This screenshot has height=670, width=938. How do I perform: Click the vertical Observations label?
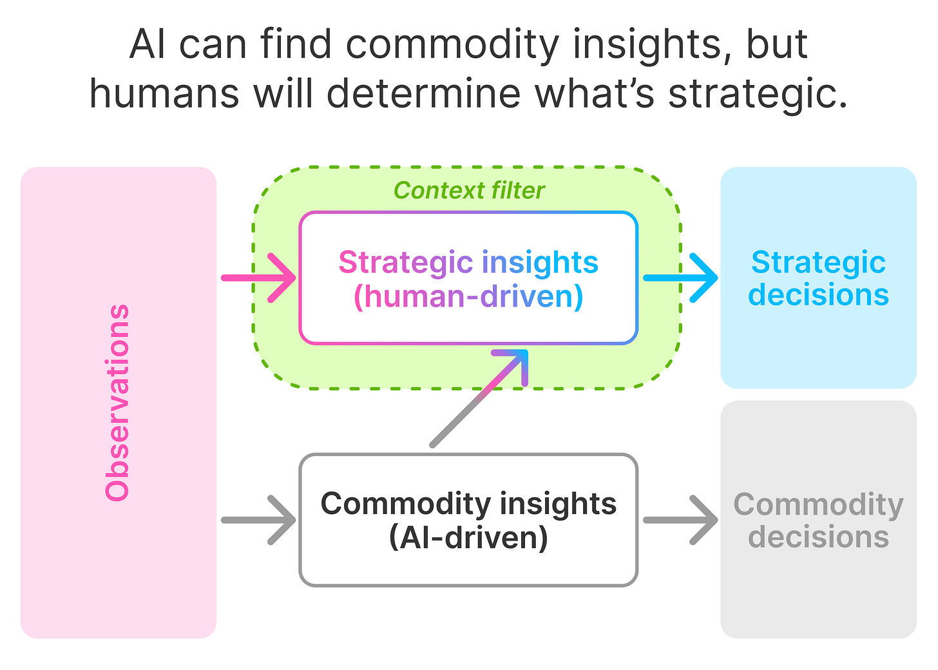[x=118, y=403]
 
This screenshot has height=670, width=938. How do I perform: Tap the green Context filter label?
[x=469, y=191]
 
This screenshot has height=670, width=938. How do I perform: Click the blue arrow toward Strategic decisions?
[x=681, y=278]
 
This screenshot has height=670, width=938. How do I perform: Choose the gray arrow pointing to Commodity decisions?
[x=681, y=519]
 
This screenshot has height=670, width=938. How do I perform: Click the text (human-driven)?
[x=469, y=296]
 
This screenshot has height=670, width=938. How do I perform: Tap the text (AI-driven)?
[x=469, y=537]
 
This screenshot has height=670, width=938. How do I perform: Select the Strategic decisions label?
[x=818, y=278]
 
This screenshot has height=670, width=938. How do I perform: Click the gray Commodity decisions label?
[x=818, y=521]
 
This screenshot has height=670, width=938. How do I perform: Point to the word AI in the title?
[x=149, y=45]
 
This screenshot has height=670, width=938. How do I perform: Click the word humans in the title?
[x=165, y=94]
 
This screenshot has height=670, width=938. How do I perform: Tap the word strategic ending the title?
[x=758, y=94]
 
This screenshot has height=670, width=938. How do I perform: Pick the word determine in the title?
[x=424, y=94]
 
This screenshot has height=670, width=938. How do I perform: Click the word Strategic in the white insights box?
[x=406, y=263]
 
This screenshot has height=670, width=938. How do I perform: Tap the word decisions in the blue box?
[x=818, y=295]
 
